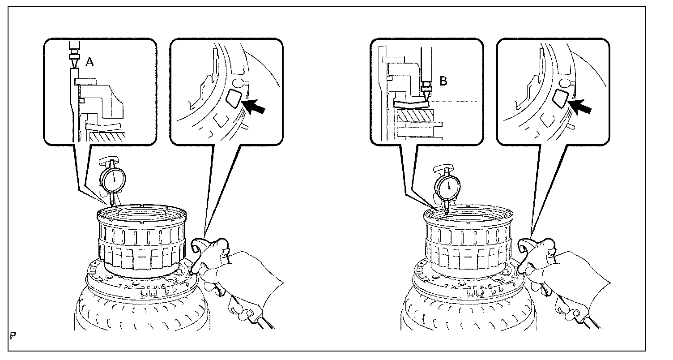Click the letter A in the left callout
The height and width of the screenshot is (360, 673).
[89, 63]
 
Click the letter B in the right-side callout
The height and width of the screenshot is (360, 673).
[443, 82]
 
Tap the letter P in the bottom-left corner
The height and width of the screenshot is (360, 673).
[12, 335]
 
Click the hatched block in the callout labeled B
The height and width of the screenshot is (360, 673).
[415, 116]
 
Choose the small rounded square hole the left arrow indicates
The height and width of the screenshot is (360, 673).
[232, 98]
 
